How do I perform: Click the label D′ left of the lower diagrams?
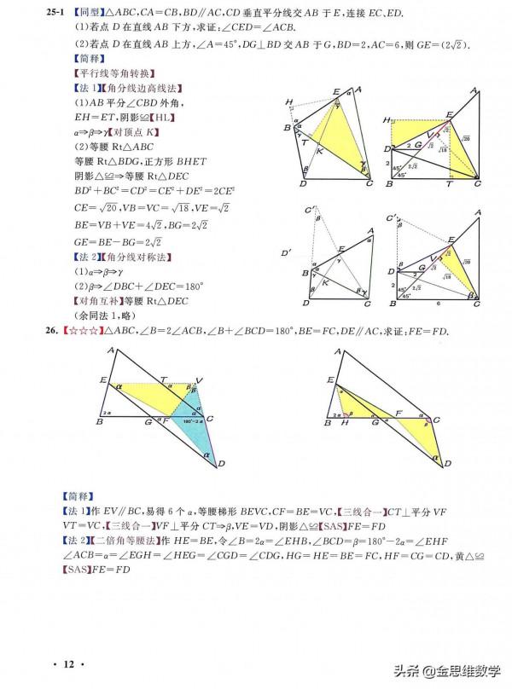point(286,252)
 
